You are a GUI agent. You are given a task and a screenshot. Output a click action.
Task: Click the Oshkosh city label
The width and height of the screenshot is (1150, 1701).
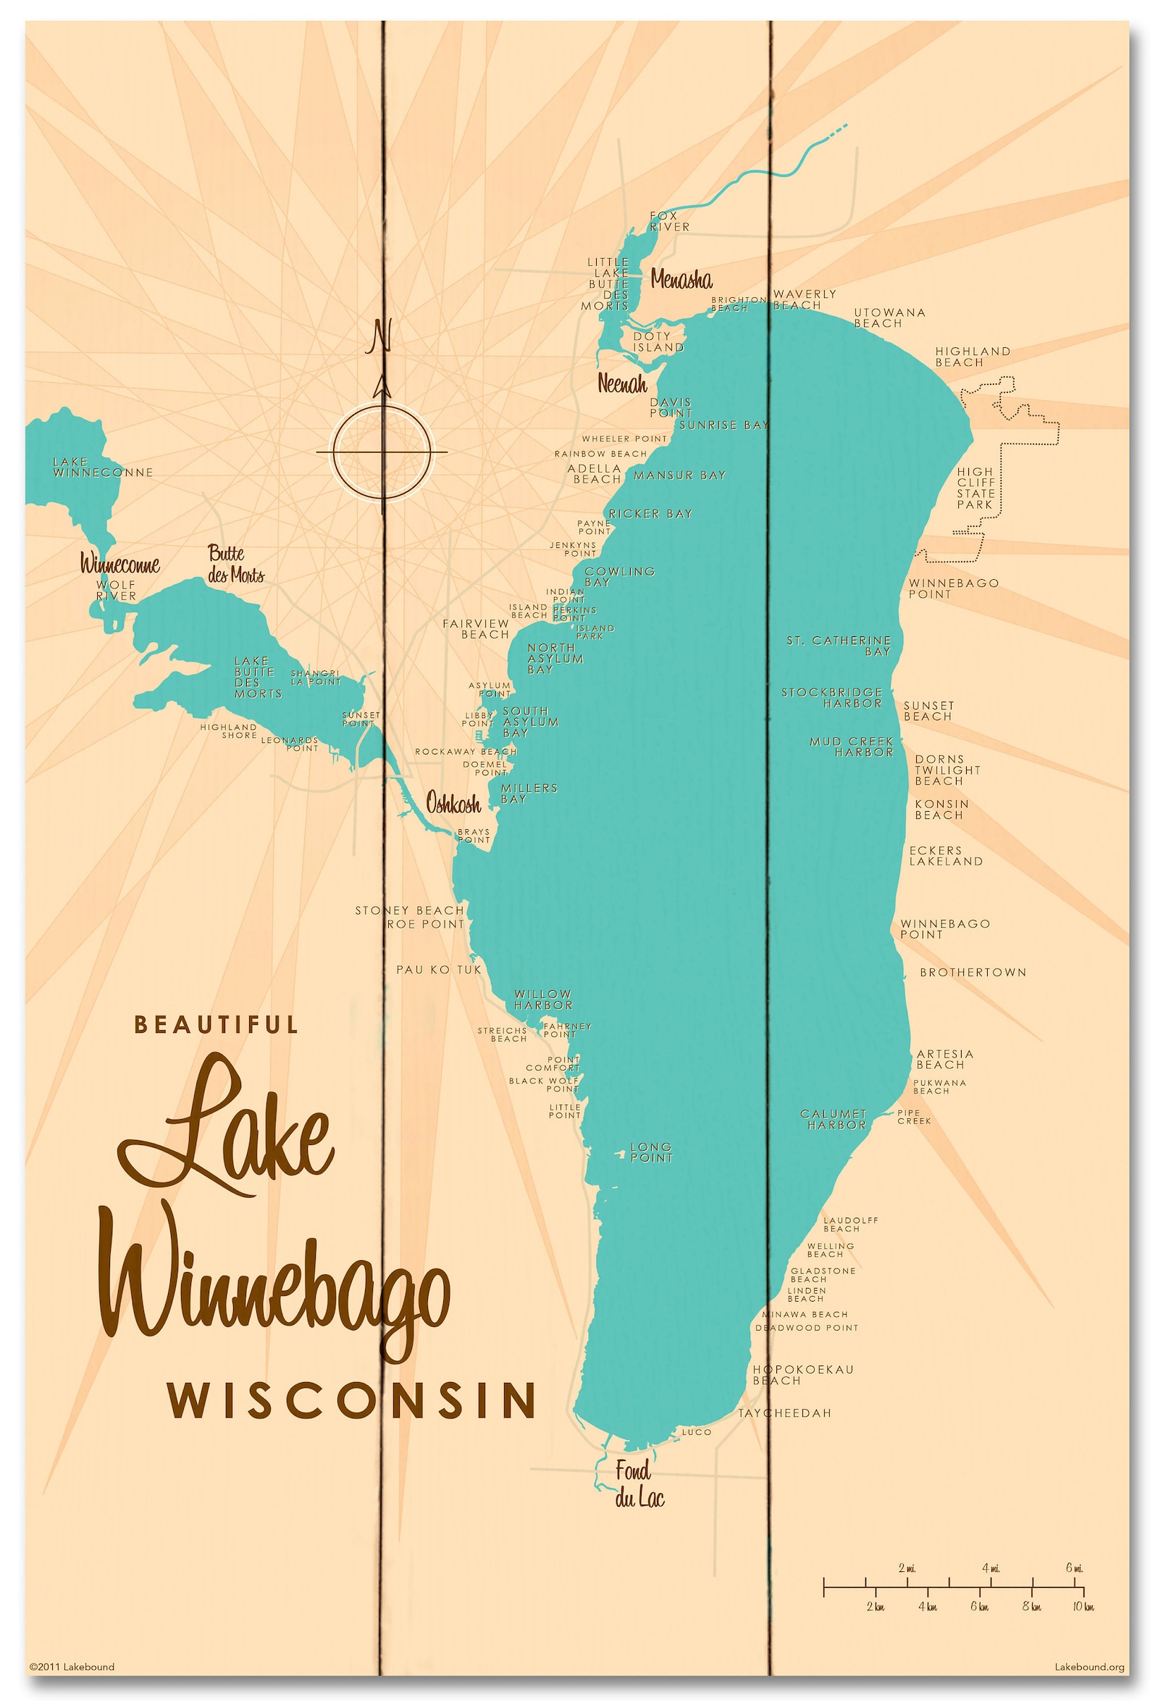[453, 804]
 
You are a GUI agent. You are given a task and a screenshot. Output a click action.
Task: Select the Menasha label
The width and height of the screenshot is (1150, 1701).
[680, 279]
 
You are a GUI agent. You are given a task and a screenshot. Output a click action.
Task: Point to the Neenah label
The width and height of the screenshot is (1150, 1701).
[622, 383]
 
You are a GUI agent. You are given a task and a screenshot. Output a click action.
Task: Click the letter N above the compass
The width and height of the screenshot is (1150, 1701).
[379, 336]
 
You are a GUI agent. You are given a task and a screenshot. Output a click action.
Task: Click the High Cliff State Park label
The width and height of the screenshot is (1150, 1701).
[975, 488]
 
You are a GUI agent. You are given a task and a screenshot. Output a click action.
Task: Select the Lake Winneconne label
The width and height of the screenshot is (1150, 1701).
[102, 467]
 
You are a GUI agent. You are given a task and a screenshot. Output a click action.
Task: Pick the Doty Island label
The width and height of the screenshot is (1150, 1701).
[657, 342]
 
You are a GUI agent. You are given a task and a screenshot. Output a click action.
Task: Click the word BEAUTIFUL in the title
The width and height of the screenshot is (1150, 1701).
[217, 1024]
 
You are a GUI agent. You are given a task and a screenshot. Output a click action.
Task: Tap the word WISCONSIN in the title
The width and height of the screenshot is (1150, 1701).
[352, 1400]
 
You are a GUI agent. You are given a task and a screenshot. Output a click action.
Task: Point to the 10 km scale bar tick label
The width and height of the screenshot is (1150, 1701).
[1083, 1607]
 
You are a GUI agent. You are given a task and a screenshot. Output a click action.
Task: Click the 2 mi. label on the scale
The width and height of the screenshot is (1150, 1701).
[907, 1568]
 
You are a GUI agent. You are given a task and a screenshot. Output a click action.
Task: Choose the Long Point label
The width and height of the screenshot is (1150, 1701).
[650, 1152]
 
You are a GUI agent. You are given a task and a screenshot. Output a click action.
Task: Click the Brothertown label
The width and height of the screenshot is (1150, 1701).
[973, 972]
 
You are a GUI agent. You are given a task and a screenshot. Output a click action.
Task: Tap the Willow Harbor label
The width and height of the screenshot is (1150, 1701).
[543, 999]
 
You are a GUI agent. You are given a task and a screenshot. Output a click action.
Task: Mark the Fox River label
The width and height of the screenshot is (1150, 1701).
[668, 221]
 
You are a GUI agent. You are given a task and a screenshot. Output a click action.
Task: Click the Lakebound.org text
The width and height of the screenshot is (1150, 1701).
[1088, 1667]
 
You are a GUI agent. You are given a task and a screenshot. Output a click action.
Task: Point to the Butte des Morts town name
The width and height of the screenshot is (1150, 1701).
[235, 564]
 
